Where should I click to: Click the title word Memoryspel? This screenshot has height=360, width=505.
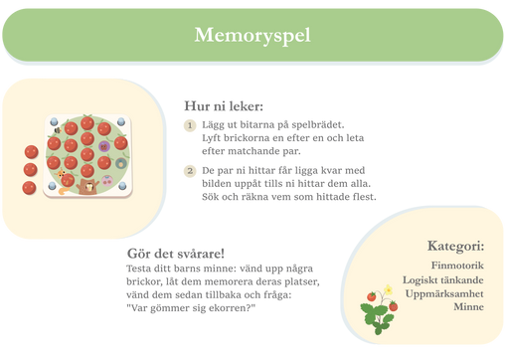point(252,35)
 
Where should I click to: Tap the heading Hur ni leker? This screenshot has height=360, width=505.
point(224,106)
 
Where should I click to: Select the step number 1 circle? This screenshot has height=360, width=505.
point(190,125)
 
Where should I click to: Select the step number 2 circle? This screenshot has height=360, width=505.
point(190,171)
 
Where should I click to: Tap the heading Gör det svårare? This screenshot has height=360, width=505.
point(176,254)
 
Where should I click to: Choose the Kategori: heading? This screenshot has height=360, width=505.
point(455,246)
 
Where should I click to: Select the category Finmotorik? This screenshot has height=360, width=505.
point(457,266)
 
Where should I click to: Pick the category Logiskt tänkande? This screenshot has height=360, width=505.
point(443,280)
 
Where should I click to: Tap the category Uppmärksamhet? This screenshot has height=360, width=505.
point(444,293)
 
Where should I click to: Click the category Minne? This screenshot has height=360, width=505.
point(468,306)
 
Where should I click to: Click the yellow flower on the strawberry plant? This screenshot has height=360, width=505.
point(388,290)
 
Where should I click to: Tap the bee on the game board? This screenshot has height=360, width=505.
point(58,130)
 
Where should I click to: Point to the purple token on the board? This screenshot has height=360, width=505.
point(103,146)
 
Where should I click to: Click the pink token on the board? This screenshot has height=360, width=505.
point(107,181)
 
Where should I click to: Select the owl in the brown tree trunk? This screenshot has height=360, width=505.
point(89,188)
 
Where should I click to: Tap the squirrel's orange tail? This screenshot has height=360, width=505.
point(64,191)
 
